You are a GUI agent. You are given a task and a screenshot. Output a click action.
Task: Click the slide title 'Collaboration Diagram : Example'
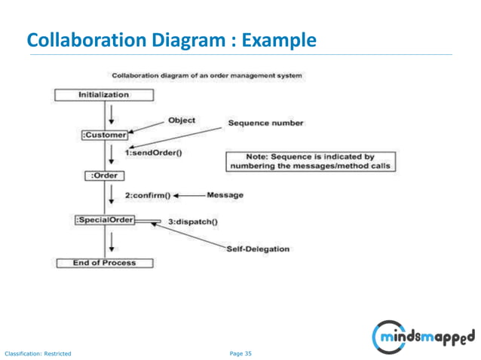[x=172, y=40]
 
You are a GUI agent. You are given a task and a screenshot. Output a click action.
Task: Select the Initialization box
[x=104, y=95]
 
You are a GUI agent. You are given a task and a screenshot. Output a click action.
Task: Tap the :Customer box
[x=104, y=135]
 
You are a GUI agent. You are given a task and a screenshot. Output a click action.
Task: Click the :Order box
[x=104, y=175]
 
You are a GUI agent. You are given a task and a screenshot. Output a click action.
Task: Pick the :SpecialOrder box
[x=104, y=220]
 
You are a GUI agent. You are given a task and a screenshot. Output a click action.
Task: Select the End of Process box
[x=104, y=263]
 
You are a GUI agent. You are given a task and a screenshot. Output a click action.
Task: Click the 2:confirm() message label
[x=148, y=195]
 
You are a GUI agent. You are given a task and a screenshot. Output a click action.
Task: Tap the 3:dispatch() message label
[x=192, y=221]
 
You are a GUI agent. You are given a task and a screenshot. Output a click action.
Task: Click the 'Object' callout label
[x=182, y=120]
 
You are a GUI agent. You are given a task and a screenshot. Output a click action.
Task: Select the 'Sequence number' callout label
[x=266, y=123]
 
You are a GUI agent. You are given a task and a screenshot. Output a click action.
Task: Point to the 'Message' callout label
[x=225, y=195]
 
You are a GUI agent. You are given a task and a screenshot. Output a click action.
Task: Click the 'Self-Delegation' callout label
[x=258, y=249]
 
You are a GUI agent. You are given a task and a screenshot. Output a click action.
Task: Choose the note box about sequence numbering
[x=311, y=161]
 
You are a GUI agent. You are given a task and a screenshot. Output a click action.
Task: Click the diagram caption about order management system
[x=207, y=75]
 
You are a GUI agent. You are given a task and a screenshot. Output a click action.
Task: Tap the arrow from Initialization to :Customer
[x=112, y=114]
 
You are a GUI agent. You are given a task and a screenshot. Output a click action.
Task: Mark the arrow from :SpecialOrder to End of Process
[x=112, y=241]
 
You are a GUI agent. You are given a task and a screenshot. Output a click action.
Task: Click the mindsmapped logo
[x=424, y=335]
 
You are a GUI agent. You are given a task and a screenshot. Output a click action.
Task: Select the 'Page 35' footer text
[x=240, y=352]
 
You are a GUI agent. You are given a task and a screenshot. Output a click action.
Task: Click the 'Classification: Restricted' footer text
[x=38, y=352]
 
